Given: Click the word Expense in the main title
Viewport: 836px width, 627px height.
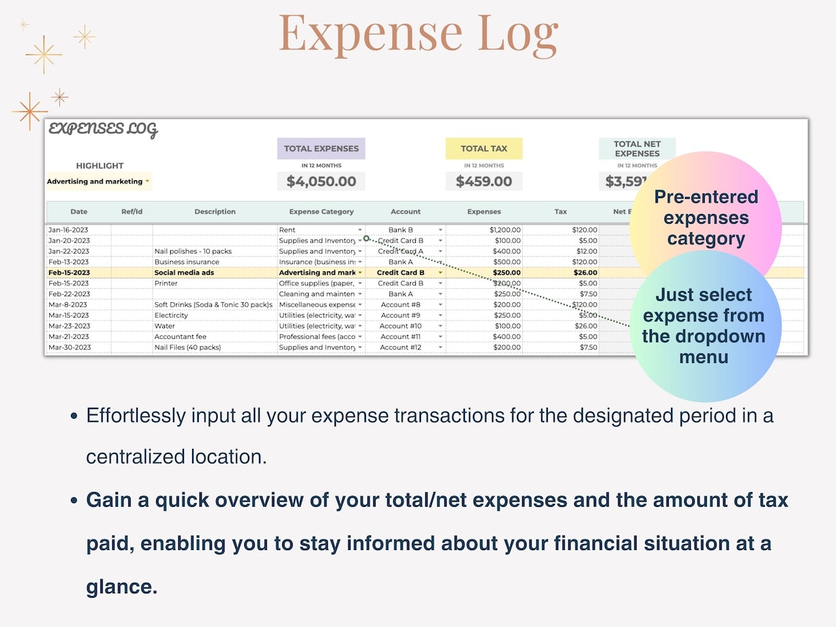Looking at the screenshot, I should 370,33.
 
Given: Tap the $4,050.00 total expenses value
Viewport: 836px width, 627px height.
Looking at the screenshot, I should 321,181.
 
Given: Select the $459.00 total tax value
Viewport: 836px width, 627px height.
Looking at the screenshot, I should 484,181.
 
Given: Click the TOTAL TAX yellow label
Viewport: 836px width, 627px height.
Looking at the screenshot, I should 484,149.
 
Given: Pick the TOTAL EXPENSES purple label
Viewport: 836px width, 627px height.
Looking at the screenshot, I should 321,149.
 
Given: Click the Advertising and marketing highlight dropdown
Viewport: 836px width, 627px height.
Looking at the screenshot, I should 98,182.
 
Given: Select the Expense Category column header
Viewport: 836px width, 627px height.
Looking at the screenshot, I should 321,212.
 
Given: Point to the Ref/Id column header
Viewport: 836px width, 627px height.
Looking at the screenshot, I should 132,212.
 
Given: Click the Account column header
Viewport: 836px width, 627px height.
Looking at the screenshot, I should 406,212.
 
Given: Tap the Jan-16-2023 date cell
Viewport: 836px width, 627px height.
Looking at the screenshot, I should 68,230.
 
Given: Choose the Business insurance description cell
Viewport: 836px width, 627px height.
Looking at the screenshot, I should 187,262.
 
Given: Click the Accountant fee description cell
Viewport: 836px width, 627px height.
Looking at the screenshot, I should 180,337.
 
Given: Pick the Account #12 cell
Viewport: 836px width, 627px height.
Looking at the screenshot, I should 400,348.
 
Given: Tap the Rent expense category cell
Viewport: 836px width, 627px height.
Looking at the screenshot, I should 287,230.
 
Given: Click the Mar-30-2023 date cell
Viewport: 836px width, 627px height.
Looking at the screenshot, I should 70,348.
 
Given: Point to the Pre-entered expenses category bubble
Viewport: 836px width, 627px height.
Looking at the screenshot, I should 705,218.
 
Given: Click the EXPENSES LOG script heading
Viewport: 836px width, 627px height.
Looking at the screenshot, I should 103,131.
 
